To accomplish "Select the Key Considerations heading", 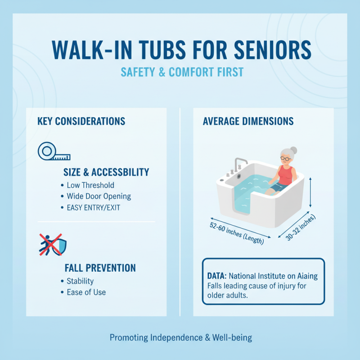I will [81, 121].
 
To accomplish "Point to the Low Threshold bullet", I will [90, 185].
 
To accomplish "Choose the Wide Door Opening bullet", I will [99, 196].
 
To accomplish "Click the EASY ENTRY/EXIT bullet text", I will [93, 207].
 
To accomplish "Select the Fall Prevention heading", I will [100, 268].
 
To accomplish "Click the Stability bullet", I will [80, 281].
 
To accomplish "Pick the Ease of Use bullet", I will [86, 292].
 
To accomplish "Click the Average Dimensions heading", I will [248, 121].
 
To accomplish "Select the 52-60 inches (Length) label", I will [236, 233].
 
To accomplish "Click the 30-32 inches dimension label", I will [301, 228].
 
